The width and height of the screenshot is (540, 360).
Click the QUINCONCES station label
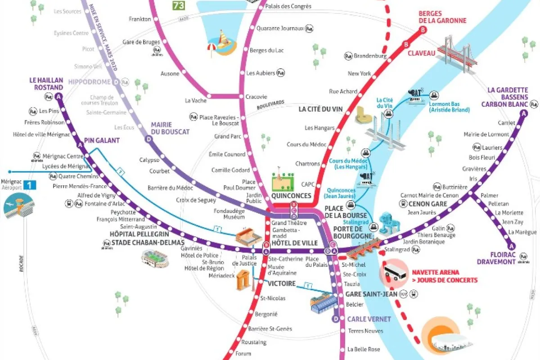point(291,196)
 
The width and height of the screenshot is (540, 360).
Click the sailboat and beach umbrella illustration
point(220,43)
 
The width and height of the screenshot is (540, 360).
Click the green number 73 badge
point(179,5)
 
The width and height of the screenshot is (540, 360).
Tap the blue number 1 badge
point(30,184)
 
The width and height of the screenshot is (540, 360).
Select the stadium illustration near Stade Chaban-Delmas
point(154,258)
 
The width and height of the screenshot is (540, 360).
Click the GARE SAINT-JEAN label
point(371,294)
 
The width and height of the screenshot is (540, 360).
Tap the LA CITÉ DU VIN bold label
point(320,109)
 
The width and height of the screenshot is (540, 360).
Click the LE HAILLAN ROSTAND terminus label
point(46,84)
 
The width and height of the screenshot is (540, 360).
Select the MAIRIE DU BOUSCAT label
point(170,128)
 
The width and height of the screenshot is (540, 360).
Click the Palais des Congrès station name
point(288,6)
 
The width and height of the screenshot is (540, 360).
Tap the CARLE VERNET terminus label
point(369,319)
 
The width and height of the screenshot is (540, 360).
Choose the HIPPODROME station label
point(90,82)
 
